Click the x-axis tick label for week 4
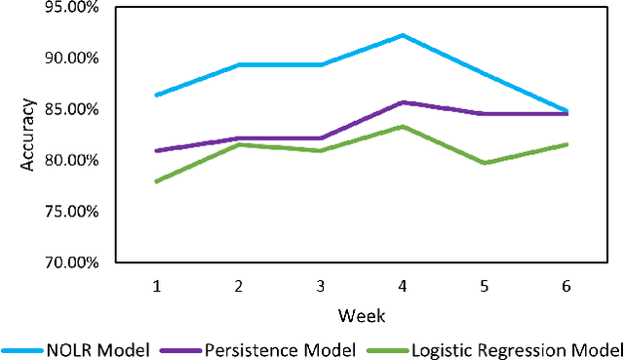coord(402,286)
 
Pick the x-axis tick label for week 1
coord(157,286)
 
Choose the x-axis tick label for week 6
coord(566,286)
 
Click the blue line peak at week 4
coord(403,35)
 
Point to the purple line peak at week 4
coord(403,101)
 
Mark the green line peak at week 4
coord(403,127)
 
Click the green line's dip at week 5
coord(485,163)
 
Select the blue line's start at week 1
coord(157,95)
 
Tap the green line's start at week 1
coord(157,181)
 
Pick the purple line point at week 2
coord(239,139)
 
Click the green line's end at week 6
coord(566,144)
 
